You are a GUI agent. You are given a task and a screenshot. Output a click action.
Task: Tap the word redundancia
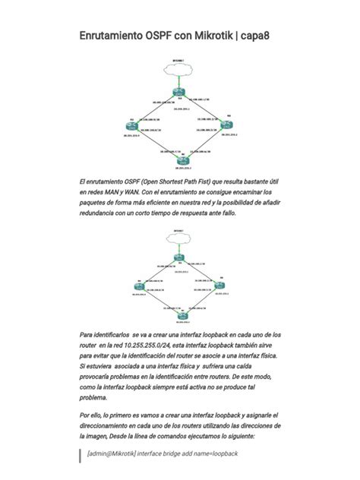coord(105,214)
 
